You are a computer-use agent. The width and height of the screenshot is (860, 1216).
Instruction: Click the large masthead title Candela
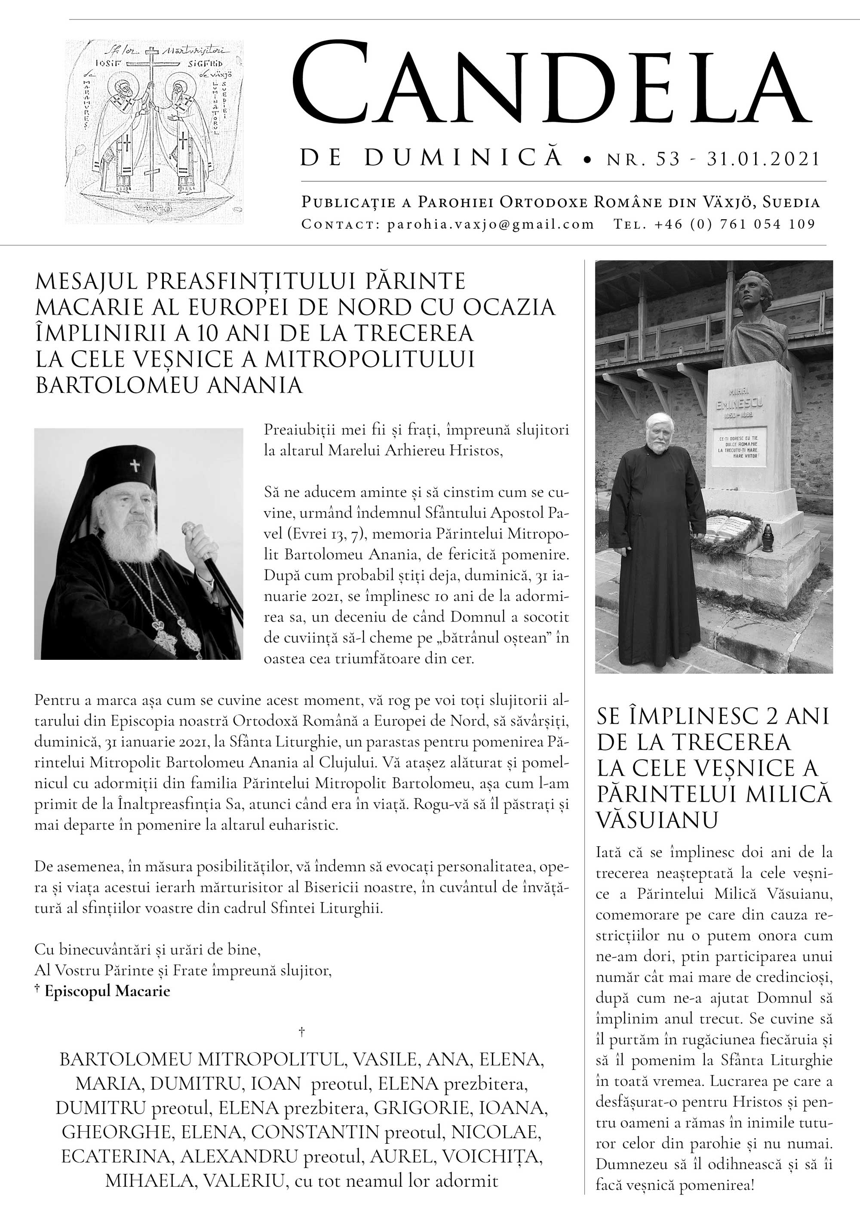(x=551, y=87)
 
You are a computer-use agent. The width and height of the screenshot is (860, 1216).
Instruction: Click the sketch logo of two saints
(x=154, y=132)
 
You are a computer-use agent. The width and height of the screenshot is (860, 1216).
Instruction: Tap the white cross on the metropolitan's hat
(x=135, y=466)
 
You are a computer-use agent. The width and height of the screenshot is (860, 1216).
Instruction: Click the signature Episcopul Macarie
(x=107, y=991)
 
